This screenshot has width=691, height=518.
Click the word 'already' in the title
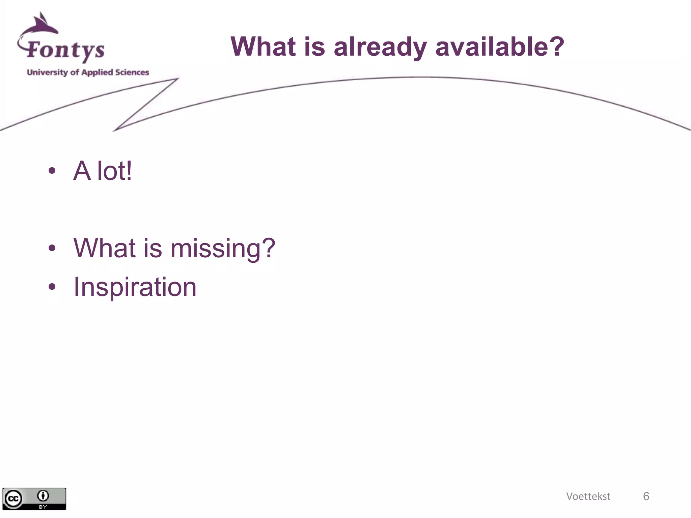coord(380,47)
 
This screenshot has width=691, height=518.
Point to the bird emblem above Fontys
coord(42,24)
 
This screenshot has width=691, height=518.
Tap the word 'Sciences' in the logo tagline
coord(132,72)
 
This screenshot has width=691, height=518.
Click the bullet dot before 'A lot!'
coord(52,171)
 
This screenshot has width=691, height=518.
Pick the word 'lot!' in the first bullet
coord(114,171)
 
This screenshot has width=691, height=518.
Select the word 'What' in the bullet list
coord(105,248)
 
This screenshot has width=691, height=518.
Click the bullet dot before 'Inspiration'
coord(52,287)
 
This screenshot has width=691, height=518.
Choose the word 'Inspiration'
coord(135,287)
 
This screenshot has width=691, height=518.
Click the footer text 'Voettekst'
coord(588,496)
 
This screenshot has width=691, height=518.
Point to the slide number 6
coord(646,496)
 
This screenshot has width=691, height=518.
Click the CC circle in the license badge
coord(13,499)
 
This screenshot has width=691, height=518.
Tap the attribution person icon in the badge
coord(43,496)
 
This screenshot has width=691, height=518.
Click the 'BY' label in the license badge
coord(43,507)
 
